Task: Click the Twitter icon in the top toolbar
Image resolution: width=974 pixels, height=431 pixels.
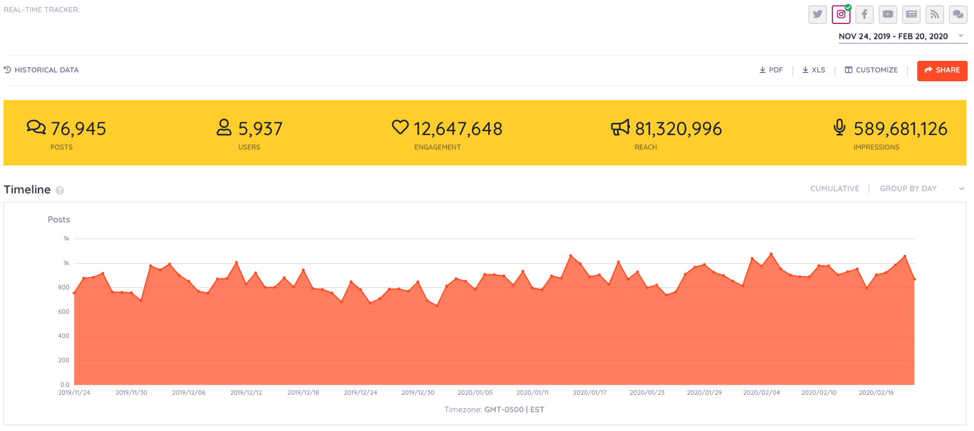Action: (817, 15)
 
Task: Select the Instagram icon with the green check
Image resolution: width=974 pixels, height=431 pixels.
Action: (841, 15)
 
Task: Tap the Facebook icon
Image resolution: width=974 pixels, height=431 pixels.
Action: (864, 15)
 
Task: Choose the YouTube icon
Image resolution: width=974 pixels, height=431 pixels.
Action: (887, 15)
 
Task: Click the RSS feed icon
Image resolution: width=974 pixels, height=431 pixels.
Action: (934, 15)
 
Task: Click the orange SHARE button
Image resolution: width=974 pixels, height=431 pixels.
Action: (942, 71)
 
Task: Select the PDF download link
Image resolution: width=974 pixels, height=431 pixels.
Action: (771, 70)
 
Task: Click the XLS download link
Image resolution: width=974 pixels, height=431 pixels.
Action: (814, 70)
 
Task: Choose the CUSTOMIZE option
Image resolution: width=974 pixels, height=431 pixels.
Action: (871, 70)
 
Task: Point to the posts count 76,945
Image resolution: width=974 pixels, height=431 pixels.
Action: (78, 129)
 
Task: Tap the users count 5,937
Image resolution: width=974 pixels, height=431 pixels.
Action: (260, 129)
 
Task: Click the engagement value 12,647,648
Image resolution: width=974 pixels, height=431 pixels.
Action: (458, 129)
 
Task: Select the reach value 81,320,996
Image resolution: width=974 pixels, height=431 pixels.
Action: (678, 129)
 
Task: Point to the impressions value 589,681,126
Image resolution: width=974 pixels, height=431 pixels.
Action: (900, 129)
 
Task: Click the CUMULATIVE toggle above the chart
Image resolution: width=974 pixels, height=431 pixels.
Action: (835, 189)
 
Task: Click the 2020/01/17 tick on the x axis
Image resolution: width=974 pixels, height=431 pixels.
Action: (589, 393)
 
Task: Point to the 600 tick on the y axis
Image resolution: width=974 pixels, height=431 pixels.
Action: (64, 312)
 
